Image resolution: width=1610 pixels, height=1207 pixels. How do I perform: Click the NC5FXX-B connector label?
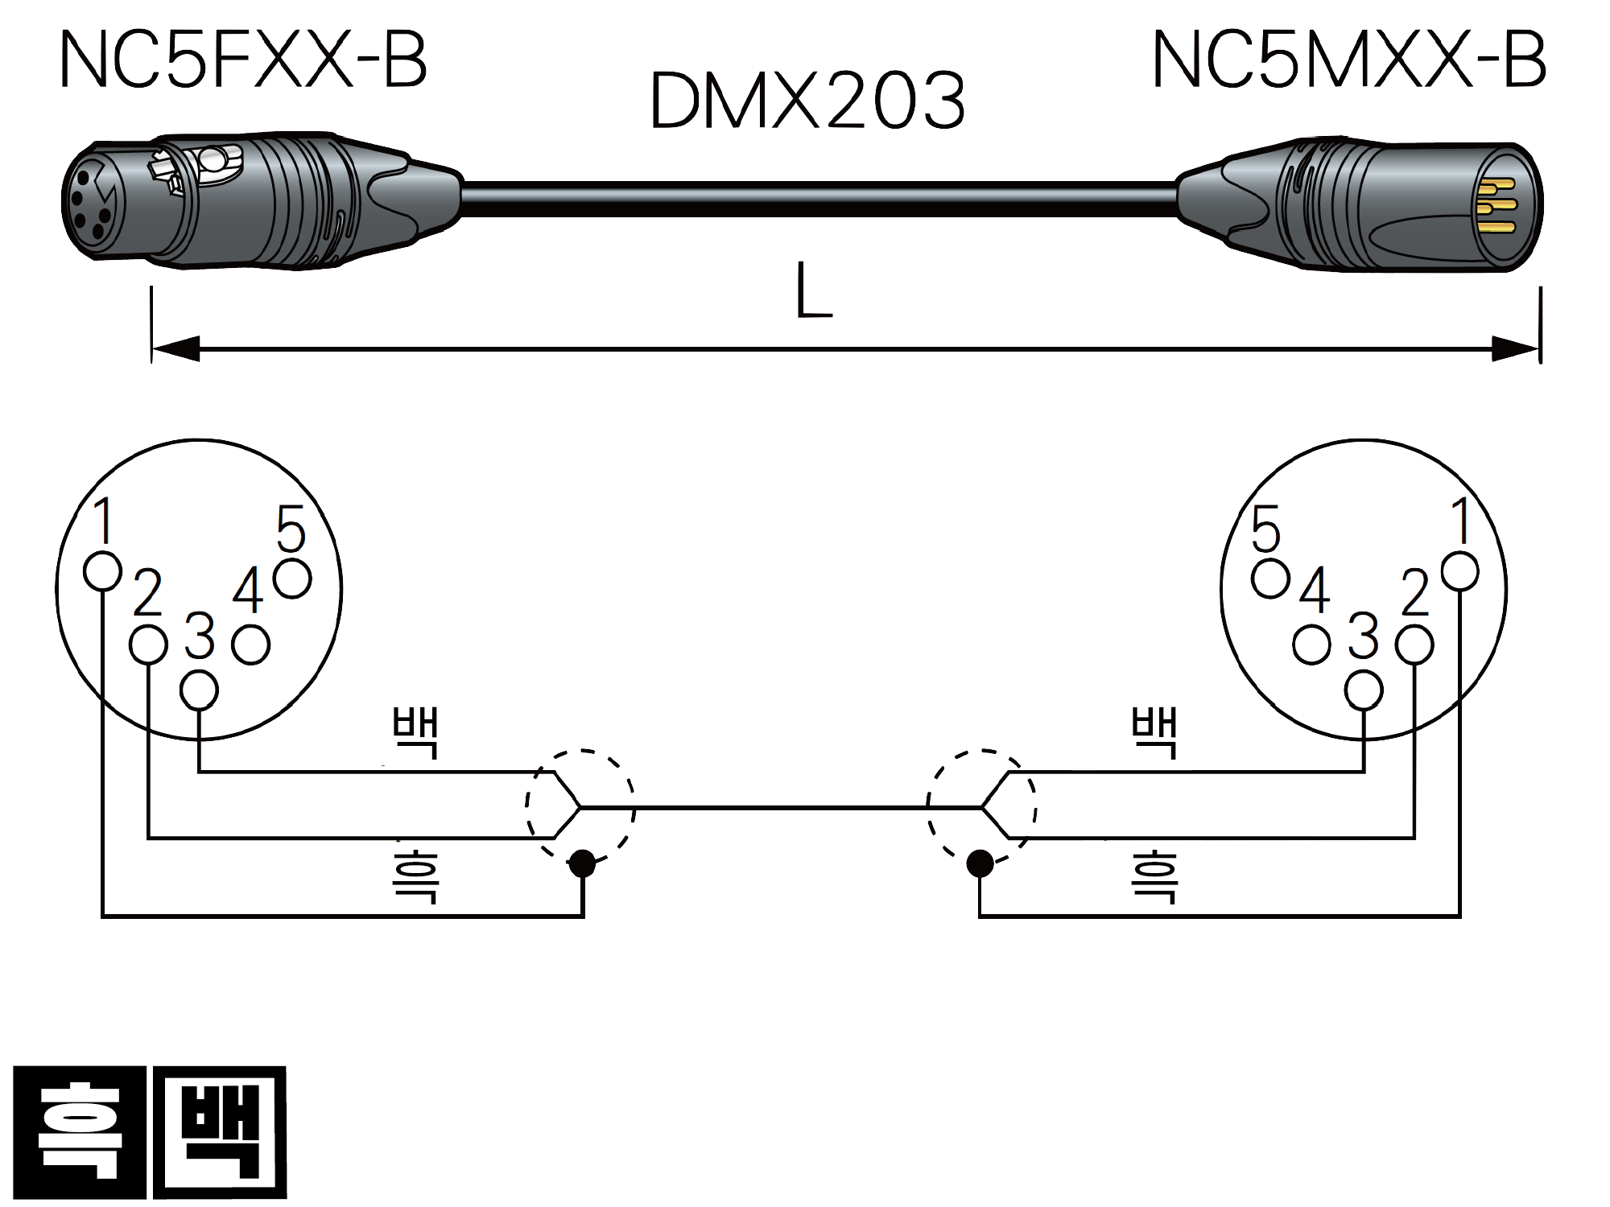tap(243, 60)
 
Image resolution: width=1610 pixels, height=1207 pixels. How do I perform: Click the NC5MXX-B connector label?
tap(1349, 60)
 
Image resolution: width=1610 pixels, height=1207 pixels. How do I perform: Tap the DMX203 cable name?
tap(807, 100)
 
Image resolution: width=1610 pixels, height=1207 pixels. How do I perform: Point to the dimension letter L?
tap(813, 290)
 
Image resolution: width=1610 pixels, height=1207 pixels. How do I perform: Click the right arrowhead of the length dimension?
tap(1516, 349)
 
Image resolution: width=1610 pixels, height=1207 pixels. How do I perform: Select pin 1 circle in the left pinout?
tap(102, 571)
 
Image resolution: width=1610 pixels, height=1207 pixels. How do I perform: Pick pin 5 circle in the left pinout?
tap(292, 579)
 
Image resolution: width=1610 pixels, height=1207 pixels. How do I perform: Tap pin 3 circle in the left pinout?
tap(200, 690)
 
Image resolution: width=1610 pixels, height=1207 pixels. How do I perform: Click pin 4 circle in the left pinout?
tap(250, 645)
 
